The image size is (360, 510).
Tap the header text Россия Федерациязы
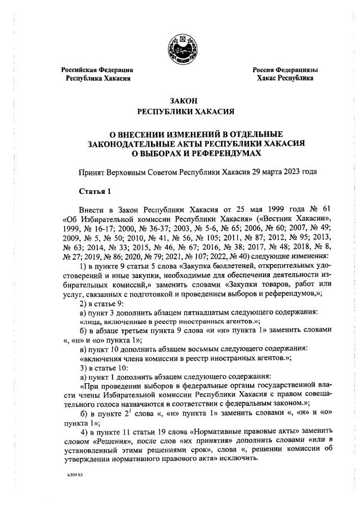point(285,70)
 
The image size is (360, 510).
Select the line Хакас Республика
point(285,78)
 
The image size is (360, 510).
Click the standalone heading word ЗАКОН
point(179,100)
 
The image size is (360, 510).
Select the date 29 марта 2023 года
point(287,171)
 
